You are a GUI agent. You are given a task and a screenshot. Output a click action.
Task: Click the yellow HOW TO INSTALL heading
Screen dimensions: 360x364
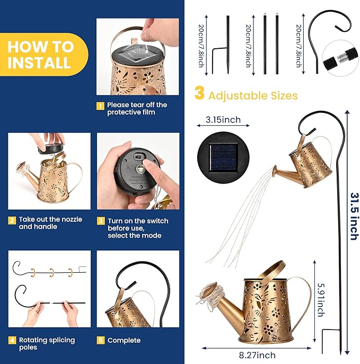click(40, 54)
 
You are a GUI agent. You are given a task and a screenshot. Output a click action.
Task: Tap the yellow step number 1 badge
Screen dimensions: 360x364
click(100, 106)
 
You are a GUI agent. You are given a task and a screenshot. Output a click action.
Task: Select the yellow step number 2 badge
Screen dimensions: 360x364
click(12, 220)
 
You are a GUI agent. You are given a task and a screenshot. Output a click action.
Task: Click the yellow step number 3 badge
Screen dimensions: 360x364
click(101, 221)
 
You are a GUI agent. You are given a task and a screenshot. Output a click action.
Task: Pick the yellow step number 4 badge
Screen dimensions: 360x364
click(12, 340)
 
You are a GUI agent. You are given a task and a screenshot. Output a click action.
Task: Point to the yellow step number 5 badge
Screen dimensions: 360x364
click(101, 340)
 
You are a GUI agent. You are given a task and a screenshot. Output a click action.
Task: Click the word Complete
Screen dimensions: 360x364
click(124, 341)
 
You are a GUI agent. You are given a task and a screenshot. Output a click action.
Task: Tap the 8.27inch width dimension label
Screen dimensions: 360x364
click(257, 355)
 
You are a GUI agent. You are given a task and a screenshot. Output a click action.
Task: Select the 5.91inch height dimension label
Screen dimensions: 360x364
click(321, 300)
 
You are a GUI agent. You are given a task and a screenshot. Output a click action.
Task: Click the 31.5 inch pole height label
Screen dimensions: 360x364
click(354, 216)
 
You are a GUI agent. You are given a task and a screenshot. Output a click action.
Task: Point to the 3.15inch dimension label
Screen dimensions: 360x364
click(223, 120)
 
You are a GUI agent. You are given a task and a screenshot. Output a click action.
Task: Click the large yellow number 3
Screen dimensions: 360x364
click(199, 93)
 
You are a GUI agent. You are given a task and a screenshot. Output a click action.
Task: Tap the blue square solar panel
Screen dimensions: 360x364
click(223, 158)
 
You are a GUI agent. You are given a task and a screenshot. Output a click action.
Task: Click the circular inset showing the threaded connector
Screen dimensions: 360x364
click(340, 58)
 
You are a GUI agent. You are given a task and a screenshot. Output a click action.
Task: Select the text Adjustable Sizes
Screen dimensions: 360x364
click(253, 96)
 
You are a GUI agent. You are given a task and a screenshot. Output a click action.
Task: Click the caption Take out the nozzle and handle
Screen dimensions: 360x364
click(50, 223)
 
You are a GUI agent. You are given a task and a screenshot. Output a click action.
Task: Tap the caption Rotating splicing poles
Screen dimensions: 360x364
click(47, 344)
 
